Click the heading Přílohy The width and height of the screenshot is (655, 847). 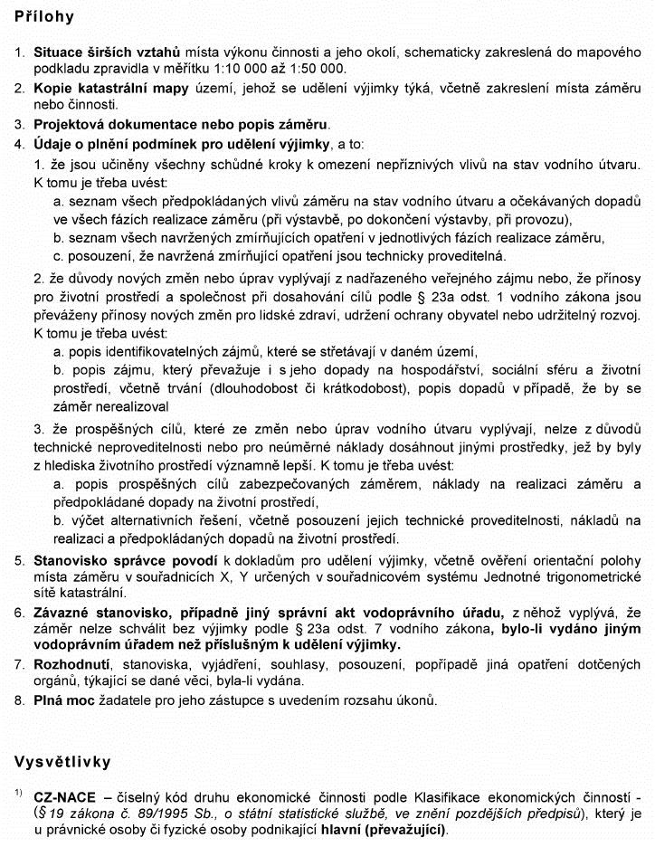(43, 16)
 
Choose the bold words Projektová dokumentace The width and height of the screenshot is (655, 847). (112, 124)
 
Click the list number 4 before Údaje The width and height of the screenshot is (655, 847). (19, 143)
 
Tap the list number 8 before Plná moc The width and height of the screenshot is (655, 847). (19, 699)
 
